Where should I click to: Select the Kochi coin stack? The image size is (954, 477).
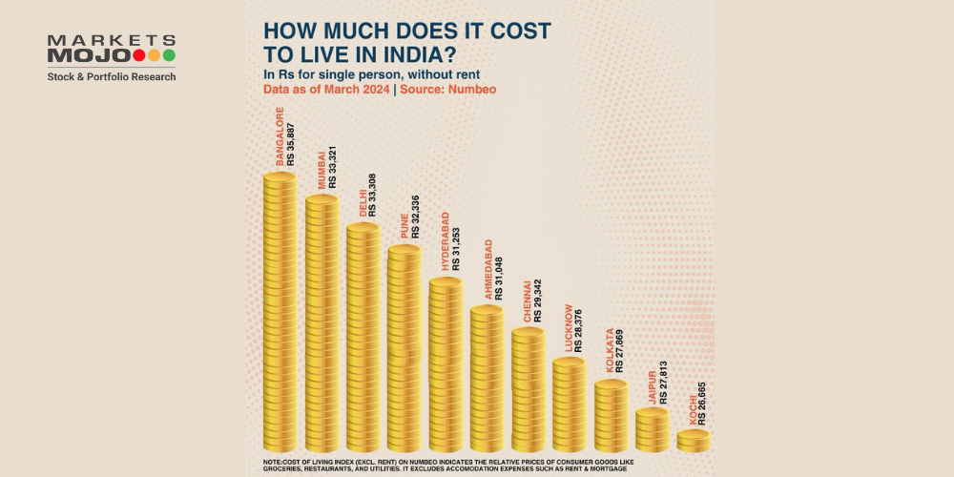click(x=694, y=440)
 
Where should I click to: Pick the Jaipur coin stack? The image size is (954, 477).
click(x=653, y=430)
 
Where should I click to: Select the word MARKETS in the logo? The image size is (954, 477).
click(x=111, y=41)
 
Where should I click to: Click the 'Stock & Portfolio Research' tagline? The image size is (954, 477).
click(x=112, y=76)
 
